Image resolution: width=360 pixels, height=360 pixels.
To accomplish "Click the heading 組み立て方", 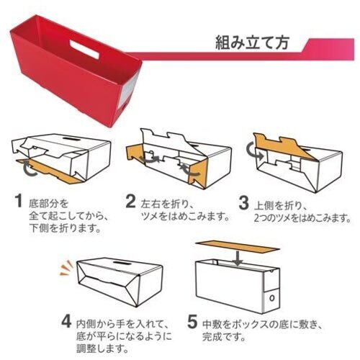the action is [252, 43].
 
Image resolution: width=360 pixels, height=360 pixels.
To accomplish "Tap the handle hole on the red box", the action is [84, 49].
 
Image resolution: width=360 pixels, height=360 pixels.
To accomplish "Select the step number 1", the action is [18, 201].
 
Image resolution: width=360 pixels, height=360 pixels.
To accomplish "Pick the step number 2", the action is [130, 201].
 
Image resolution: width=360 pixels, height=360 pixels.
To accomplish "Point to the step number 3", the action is [243, 203].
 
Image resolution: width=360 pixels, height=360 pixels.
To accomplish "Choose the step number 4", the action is [66, 321].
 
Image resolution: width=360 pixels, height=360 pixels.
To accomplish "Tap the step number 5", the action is [192, 322].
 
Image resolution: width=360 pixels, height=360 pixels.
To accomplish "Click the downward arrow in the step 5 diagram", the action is [238, 258].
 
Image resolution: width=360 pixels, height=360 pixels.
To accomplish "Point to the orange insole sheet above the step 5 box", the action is [238, 247].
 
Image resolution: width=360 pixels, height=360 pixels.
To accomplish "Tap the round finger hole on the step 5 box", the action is [271, 298].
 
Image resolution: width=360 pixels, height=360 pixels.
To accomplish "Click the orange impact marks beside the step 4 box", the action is [66, 268].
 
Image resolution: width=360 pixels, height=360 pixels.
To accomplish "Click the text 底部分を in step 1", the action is [48, 204].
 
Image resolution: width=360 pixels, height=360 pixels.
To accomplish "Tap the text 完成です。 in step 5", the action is [224, 337].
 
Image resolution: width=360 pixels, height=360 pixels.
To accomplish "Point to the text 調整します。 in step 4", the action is [102, 348].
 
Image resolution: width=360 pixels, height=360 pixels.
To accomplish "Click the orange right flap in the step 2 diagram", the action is [198, 174].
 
